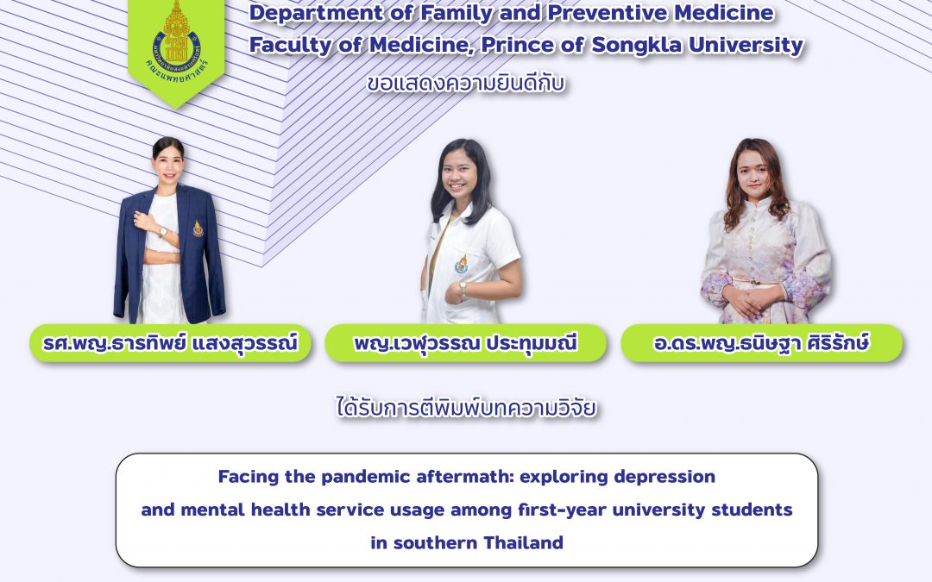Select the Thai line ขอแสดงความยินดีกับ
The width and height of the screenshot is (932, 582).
click(x=466, y=84)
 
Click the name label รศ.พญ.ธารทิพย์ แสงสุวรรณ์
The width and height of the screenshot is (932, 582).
click(x=170, y=343)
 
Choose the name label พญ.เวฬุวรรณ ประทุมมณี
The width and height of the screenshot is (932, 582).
click(x=465, y=343)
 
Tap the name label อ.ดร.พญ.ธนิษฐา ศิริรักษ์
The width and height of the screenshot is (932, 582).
click(x=761, y=343)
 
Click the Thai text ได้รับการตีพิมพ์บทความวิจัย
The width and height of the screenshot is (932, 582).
click(x=466, y=406)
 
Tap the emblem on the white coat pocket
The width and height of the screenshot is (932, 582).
click(x=462, y=264)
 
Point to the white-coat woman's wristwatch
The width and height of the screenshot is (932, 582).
click(x=463, y=289)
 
